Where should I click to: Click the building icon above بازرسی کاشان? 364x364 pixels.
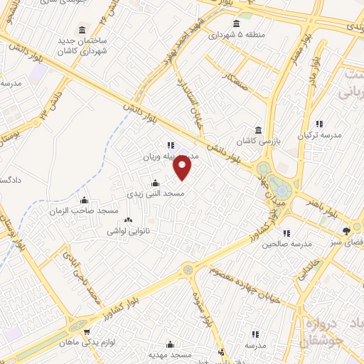point(257,129)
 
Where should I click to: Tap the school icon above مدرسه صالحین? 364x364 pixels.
point(286,232)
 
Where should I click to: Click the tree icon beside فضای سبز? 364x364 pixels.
point(346,230)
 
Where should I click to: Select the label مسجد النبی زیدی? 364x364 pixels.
point(156,193)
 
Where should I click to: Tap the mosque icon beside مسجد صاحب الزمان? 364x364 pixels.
point(84,200)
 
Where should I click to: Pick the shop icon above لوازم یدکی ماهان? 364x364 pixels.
point(87,331)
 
